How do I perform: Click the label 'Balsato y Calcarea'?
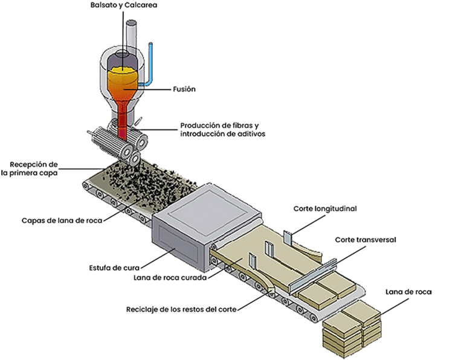point(124,5)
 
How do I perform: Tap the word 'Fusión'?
point(184,89)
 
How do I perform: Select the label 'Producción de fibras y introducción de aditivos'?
point(222,130)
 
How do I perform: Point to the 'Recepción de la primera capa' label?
point(29,169)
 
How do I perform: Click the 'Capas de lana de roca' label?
point(62,220)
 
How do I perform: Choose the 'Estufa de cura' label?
point(114,268)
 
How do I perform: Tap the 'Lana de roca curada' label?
point(170,278)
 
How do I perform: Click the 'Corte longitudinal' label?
point(325,208)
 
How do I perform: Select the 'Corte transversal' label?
point(365,240)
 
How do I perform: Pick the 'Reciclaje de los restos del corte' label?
point(181,309)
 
